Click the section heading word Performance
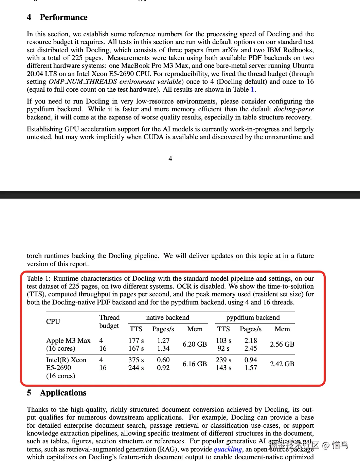click(x=64, y=17)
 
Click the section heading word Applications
click(x=63, y=393)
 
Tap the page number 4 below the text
click(x=170, y=159)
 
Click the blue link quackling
click(x=228, y=449)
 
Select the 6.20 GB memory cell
click(x=195, y=344)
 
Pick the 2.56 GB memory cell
click(x=282, y=344)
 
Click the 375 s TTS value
click(x=136, y=360)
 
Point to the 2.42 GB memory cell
click(x=282, y=364)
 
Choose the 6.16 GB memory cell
click(x=195, y=364)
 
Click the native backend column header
click(x=167, y=317)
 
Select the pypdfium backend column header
click(x=253, y=317)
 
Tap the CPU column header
click(x=53, y=321)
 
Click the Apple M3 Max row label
click(x=68, y=340)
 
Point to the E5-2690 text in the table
click(x=59, y=368)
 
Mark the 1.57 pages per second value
click(x=251, y=368)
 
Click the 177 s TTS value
click(x=136, y=340)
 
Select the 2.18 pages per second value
click(x=251, y=340)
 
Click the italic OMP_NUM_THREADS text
click(x=83, y=81)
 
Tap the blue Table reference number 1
click(x=252, y=89)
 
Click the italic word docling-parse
click(x=294, y=109)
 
